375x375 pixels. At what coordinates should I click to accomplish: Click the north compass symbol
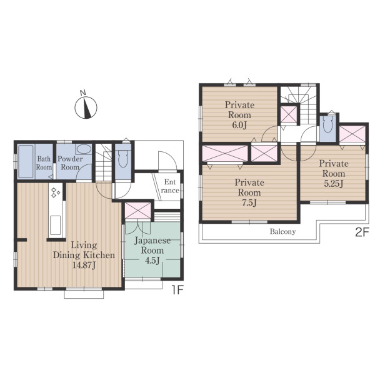tap(86, 107)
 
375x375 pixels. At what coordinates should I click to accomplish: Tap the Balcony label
tap(282, 231)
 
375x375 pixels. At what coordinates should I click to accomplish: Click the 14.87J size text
tap(84, 265)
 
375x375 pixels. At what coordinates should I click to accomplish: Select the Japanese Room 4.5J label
tap(152, 251)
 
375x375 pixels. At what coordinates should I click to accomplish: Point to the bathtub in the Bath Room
tap(26, 161)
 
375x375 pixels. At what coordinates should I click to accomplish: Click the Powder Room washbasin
tap(84, 149)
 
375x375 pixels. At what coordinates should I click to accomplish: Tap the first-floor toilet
tap(123, 157)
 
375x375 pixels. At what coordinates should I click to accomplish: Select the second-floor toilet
tap(327, 124)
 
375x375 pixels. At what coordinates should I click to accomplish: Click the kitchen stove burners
tap(55, 192)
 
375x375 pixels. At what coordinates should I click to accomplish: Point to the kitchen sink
tap(55, 225)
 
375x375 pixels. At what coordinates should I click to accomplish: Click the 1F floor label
tap(177, 290)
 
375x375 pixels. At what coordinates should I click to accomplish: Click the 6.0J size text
tap(239, 125)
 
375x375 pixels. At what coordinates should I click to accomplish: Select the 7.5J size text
tap(249, 202)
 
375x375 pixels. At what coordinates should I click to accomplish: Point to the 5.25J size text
tap(334, 184)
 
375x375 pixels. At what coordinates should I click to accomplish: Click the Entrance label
tap(170, 186)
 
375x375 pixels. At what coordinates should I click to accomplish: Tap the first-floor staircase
tap(104, 162)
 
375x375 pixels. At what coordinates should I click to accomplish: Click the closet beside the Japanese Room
tap(138, 211)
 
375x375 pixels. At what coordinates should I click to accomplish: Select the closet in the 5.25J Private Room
tap(352, 134)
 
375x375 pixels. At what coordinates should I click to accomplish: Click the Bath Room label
tap(44, 163)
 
